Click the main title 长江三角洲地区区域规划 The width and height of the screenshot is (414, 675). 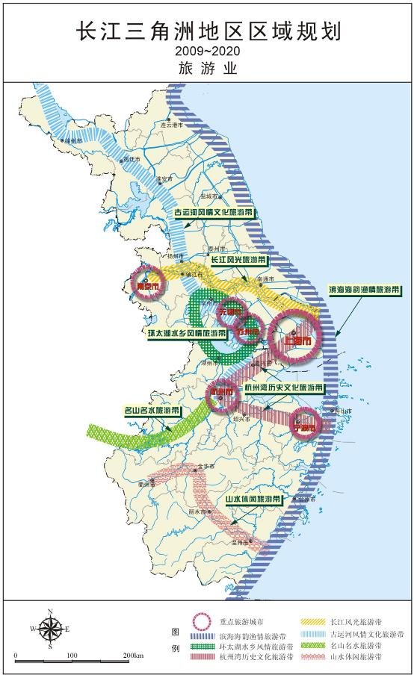coord(207,32)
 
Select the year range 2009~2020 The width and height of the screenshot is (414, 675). coord(207,51)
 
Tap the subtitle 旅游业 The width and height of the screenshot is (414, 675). coord(207,68)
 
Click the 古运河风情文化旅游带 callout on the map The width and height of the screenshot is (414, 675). coord(213,212)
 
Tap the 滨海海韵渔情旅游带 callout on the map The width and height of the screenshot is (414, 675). coord(364,289)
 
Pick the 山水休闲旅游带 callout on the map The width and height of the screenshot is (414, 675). coord(253,498)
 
